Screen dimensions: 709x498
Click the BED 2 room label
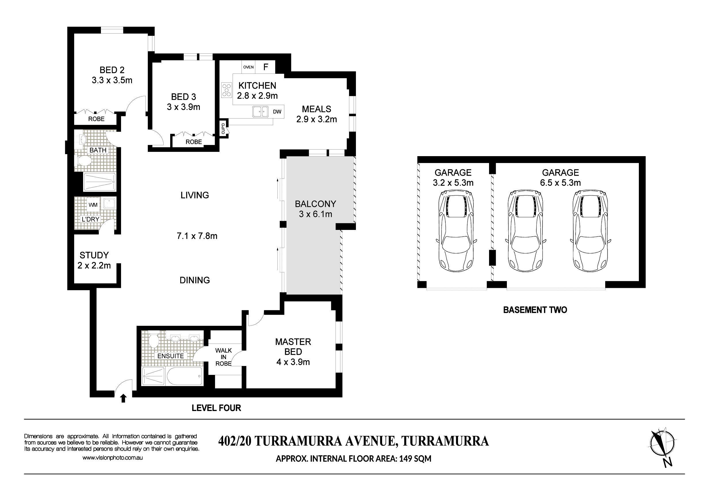(112, 70)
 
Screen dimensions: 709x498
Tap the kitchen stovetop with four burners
(227, 90)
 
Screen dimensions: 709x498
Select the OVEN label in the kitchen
(248, 67)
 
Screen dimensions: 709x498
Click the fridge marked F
(266, 67)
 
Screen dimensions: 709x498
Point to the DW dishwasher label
(277, 112)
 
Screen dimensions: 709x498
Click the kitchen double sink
(260, 111)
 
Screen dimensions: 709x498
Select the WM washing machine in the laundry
(93, 205)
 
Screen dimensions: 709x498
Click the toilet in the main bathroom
(84, 161)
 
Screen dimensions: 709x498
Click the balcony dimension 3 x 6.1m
(315, 214)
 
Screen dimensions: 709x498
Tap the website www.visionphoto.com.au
(112, 458)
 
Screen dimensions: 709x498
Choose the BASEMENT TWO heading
(535, 310)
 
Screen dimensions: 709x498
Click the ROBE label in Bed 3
(193, 142)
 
